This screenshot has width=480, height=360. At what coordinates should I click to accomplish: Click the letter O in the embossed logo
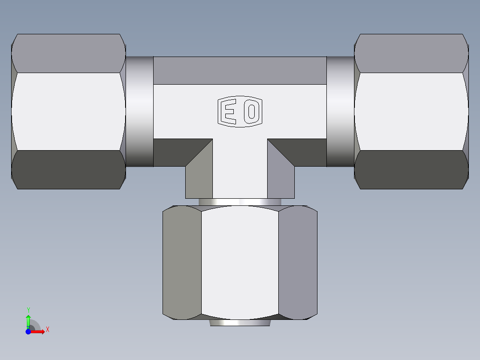tap(251, 111)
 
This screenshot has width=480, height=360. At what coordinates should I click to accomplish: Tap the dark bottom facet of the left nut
tap(68, 170)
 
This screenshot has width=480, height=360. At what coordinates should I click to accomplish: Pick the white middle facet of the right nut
tap(411, 111)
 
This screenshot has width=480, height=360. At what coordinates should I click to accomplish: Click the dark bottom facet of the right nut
tap(411, 170)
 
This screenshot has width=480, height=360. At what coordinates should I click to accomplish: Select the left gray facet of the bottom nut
tap(182, 263)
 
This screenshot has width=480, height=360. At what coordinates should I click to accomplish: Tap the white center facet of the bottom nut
tap(240, 263)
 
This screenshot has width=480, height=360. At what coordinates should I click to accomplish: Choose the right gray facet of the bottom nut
tap(298, 263)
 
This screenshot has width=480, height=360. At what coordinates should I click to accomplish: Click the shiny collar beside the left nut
tap(139, 111)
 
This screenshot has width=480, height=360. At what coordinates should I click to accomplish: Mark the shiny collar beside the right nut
tap(341, 111)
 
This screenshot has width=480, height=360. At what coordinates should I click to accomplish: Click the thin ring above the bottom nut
tap(240, 202)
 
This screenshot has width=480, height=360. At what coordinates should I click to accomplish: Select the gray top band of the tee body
tap(240, 70)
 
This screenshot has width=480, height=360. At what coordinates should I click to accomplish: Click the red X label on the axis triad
tap(47, 329)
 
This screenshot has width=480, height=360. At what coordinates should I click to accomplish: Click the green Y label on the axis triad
tap(28, 310)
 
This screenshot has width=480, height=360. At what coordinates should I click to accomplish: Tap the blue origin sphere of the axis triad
tap(28, 332)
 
